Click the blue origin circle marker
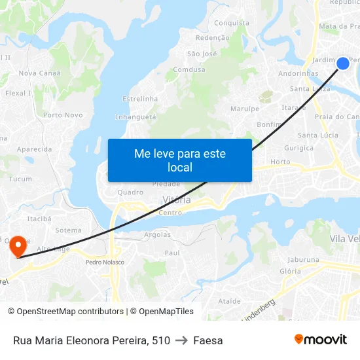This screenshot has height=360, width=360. (x=343, y=63)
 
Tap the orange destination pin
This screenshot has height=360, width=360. (x=17, y=247)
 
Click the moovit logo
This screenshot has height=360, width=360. (x=321, y=340)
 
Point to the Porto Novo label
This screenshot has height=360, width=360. (x=63, y=115)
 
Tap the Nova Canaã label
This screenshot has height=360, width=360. (x=36, y=73)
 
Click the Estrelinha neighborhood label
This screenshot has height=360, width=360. (x=140, y=99)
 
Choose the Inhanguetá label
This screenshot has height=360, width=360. (x=135, y=117)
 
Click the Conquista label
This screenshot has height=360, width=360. (x=232, y=23)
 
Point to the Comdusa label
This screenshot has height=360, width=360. (x=189, y=69)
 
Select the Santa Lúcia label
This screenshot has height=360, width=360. (x=317, y=135)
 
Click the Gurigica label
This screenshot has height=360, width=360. (x=298, y=149)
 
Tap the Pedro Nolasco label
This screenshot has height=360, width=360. (x=105, y=262)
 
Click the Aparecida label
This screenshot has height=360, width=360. (x=34, y=149)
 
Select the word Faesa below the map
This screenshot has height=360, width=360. (x=208, y=340)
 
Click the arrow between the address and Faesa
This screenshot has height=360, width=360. (x=182, y=340)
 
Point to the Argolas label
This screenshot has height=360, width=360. (x=157, y=234)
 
